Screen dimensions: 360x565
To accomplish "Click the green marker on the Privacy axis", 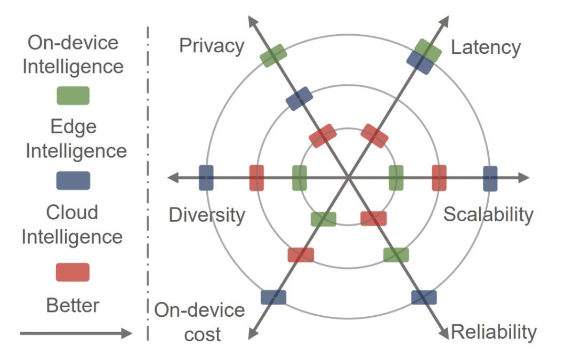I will tap(273, 55).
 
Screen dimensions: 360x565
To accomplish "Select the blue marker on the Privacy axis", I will tap(299, 99).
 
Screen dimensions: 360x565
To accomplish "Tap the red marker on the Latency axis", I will tap(374, 135).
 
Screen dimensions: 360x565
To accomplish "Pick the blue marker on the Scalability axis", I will tap(490, 178).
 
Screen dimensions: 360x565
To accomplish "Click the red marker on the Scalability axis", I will tap(439, 178).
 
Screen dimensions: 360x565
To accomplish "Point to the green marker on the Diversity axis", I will tap(300, 178).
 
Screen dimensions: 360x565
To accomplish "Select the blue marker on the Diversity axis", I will tap(206, 178).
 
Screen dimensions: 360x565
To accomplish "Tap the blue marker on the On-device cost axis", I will tap(273, 297).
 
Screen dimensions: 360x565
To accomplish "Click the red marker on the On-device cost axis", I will tap(301, 254).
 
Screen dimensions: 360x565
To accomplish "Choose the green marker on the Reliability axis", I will tap(396, 254).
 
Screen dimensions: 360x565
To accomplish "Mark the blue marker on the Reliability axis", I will tap(424, 297).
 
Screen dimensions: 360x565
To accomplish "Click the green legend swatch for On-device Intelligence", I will tap(73, 95).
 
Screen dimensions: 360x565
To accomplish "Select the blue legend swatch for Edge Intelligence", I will tap(73, 180).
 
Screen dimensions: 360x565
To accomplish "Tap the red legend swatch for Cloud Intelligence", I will tap(73, 272).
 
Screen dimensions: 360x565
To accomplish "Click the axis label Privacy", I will tap(211, 46).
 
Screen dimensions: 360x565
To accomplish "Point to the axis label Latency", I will tap(486, 47).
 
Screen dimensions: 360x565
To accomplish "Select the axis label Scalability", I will tap(488, 214).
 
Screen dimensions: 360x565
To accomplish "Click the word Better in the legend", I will tap(72, 306).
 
